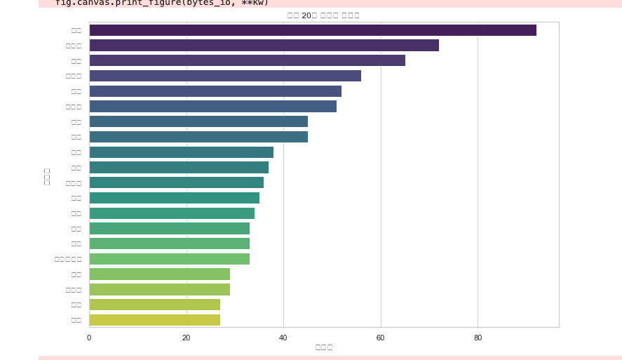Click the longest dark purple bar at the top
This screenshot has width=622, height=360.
(312, 30)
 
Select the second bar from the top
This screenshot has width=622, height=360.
(264, 46)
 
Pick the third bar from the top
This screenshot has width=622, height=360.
(247, 61)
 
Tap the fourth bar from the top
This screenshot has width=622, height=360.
(224, 76)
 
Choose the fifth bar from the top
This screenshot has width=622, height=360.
(215, 91)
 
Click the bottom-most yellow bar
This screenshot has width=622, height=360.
(154, 320)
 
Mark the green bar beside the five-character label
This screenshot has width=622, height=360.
(169, 259)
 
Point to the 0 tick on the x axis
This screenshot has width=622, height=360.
(89, 338)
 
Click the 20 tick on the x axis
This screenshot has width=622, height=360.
(186, 338)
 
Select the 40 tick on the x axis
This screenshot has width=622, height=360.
(283, 338)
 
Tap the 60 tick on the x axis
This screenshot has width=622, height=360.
(380, 338)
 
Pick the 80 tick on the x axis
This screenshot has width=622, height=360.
(478, 338)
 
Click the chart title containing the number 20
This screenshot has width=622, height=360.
(323, 15)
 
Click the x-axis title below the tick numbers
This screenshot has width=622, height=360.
(323, 347)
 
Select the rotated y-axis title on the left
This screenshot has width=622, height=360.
(47, 175)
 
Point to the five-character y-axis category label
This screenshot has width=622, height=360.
(68, 259)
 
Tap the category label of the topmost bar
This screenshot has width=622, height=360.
(76, 30)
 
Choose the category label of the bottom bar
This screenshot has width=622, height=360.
(76, 320)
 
